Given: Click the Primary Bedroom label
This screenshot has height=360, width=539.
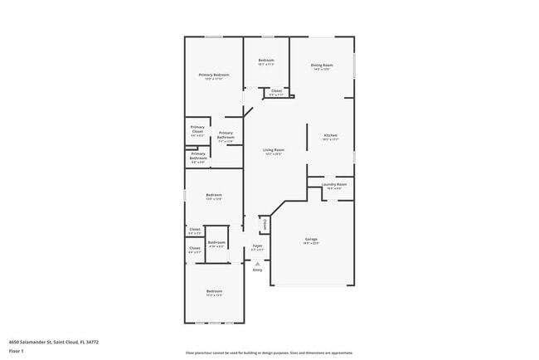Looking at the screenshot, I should pyautogui.click(x=214, y=75).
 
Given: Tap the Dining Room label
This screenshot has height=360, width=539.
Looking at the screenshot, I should pyautogui.click(x=322, y=65).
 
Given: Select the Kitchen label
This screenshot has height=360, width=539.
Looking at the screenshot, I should pyautogui.click(x=330, y=135).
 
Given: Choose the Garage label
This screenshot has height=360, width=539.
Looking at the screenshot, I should pyautogui.click(x=311, y=239).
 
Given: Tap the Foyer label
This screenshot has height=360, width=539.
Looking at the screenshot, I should pyautogui.click(x=258, y=246).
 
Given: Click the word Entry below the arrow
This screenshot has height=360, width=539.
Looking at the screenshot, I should pyautogui.click(x=257, y=270).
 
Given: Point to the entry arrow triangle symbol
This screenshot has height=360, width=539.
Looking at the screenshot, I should pyautogui.click(x=257, y=262).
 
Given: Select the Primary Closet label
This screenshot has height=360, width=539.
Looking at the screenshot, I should pyautogui.click(x=197, y=129).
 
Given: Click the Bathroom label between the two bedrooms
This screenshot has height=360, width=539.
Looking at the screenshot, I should pyautogui.click(x=216, y=242).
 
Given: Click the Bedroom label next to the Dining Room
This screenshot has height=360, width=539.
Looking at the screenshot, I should pyautogui.click(x=266, y=61).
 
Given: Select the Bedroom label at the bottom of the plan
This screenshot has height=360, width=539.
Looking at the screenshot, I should pyautogui.click(x=214, y=290).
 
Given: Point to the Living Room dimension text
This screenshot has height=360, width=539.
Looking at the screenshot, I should pyautogui.click(x=274, y=153).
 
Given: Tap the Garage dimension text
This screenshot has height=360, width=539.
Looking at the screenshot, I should pyautogui.click(x=311, y=243).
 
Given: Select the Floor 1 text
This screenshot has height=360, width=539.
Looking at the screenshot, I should pyautogui.click(x=17, y=349).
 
